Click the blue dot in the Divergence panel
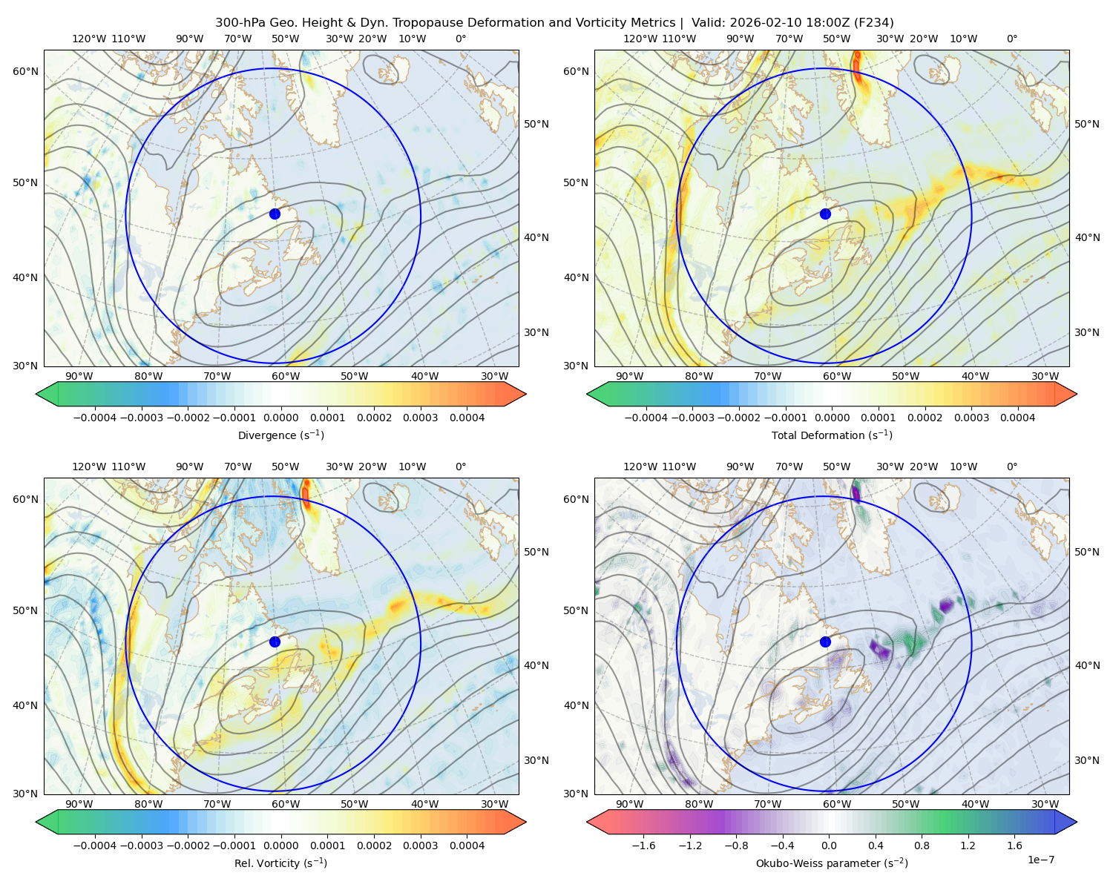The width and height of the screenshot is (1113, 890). [275, 214]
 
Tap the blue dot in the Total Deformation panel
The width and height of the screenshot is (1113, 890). [825, 214]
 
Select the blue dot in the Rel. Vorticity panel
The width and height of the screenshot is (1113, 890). [275, 642]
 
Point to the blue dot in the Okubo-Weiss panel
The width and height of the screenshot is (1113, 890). [825, 642]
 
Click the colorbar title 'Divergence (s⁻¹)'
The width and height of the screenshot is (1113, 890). [280, 435]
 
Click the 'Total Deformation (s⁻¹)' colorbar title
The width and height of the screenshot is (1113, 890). [832, 435]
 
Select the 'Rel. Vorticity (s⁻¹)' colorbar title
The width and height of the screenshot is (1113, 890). [280, 863]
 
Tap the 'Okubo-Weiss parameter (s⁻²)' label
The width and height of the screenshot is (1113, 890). [832, 863]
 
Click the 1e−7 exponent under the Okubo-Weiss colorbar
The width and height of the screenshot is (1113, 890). [1040, 860]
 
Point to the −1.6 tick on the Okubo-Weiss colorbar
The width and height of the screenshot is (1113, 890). [643, 845]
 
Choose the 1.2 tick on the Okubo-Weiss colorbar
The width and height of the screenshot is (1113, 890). [968, 845]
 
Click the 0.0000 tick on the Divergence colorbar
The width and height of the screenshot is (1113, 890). [280, 418]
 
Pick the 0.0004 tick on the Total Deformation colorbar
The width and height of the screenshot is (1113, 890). [1017, 418]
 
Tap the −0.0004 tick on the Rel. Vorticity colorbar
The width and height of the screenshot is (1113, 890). [95, 845]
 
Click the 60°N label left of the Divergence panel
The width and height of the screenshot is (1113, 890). [25, 71]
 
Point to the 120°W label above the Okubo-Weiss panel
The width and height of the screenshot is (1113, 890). [640, 466]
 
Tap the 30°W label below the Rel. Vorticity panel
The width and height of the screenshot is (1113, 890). [494, 804]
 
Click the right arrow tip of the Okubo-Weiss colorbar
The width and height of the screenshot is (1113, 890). [1077, 822]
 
